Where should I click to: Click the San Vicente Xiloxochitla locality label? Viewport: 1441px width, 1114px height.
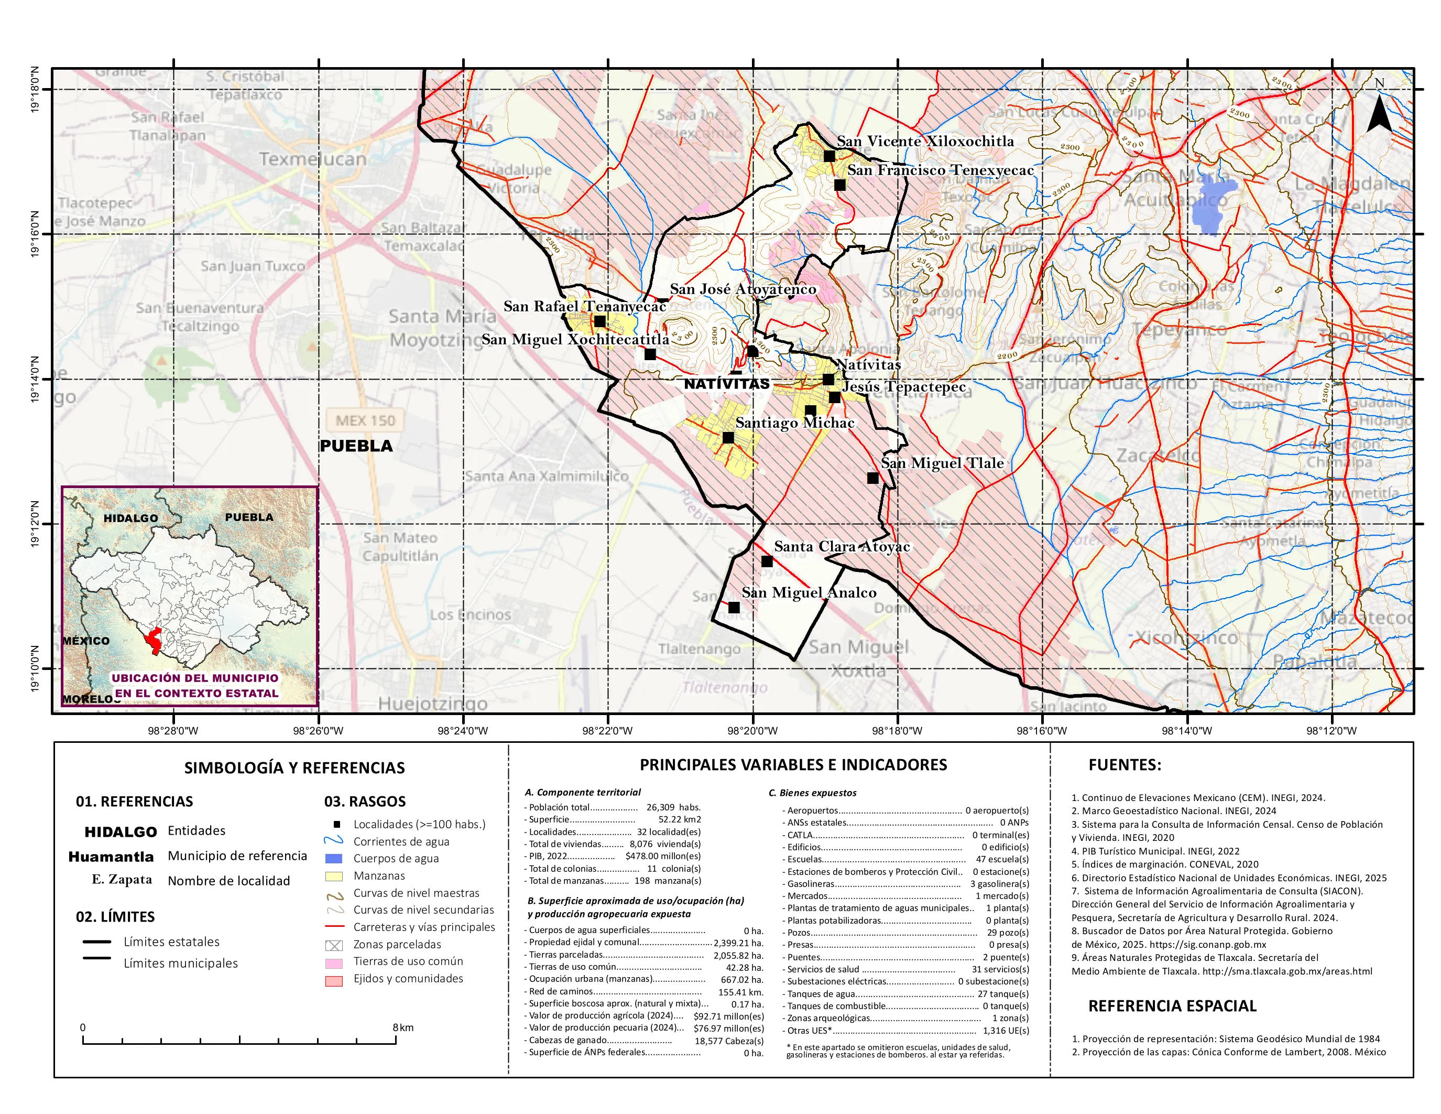coord(925,141)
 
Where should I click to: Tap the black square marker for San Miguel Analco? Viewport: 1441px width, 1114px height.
coord(734,607)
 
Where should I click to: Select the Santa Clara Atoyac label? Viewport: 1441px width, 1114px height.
coord(842,546)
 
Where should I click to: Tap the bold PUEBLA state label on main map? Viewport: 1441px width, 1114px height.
coord(356,446)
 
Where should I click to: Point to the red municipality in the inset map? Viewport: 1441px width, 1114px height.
coord(155,639)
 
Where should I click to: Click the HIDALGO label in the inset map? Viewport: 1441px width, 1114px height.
coord(130,518)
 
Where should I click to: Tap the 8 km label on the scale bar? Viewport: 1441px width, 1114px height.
coord(402,1028)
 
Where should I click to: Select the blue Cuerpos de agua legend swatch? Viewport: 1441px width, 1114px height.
coord(334,859)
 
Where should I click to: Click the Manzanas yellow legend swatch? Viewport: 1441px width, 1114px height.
coord(334,876)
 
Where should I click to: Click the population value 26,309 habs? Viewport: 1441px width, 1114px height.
coord(673,807)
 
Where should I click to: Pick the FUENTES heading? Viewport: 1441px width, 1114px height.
coord(1125,765)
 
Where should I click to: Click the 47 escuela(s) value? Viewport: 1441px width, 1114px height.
coord(1001,859)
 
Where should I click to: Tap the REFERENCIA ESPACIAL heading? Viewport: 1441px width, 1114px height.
coord(1172,1006)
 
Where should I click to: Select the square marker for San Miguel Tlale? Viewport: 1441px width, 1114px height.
coord(872,478)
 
